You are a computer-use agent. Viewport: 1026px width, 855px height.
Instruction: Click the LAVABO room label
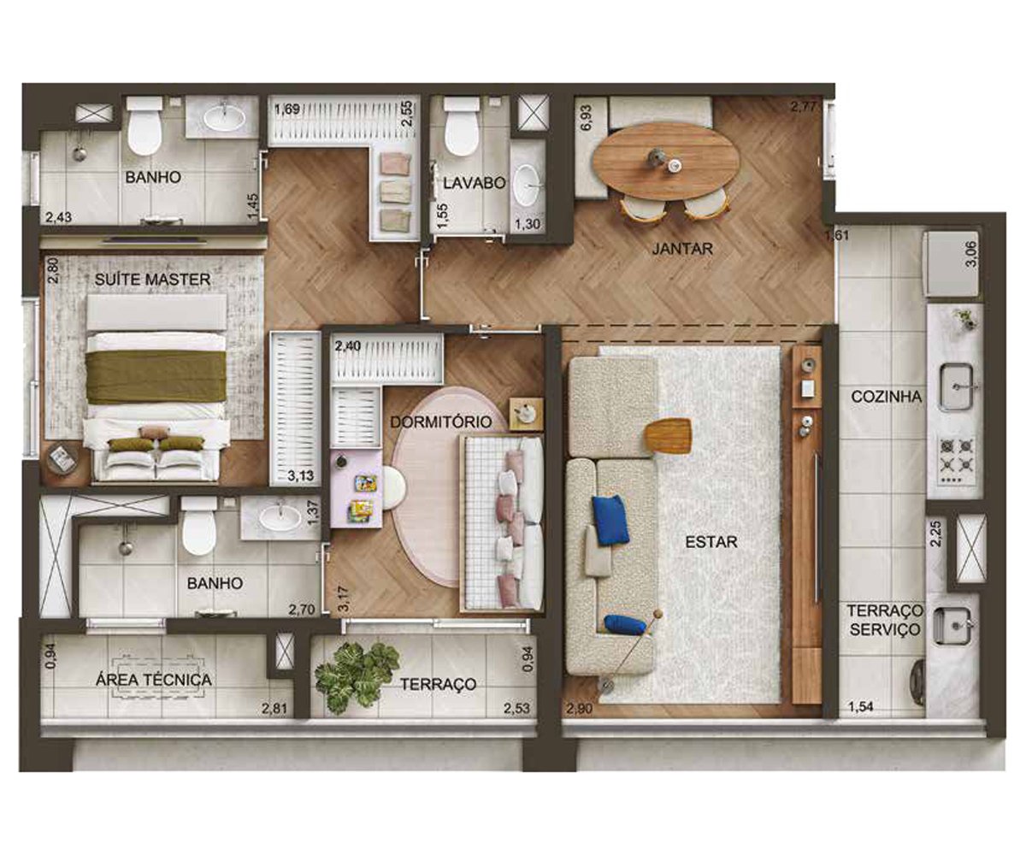click(475, 183)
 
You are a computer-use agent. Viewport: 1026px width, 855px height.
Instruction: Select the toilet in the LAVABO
click(462, 126)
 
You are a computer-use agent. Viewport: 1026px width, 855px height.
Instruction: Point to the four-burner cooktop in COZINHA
click(956, 462)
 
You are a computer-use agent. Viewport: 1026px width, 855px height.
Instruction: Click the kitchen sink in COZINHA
click(956, 386)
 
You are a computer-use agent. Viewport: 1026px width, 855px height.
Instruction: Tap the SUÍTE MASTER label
click(152, 280)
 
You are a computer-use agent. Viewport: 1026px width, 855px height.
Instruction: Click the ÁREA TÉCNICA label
click(154, 680)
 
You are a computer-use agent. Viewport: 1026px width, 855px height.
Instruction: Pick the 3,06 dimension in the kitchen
click(971, 254)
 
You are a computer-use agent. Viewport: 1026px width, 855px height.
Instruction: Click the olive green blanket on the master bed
click(156, 377)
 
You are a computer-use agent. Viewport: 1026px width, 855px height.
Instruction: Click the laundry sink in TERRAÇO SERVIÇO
click(952, 626)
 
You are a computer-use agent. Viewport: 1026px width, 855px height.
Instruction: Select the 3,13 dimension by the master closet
click(301, 475)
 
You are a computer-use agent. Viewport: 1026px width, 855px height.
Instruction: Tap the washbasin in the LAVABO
click(526, 186)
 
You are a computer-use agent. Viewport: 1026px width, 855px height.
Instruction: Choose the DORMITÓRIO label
click(441, 422)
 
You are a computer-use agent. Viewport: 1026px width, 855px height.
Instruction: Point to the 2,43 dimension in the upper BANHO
click(58, 217)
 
